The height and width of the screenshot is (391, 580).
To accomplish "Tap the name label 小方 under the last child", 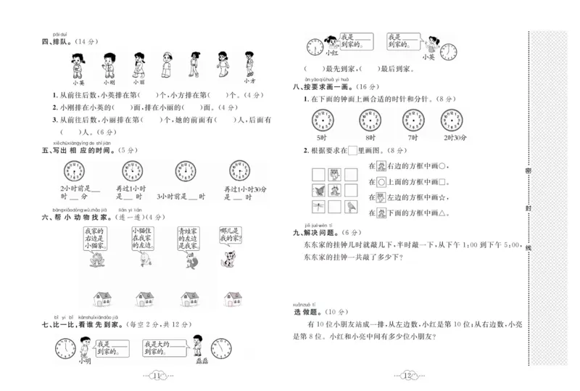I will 248,82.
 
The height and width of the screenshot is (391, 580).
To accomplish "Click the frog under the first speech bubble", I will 96,261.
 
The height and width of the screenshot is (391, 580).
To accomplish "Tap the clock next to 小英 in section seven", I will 449,51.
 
